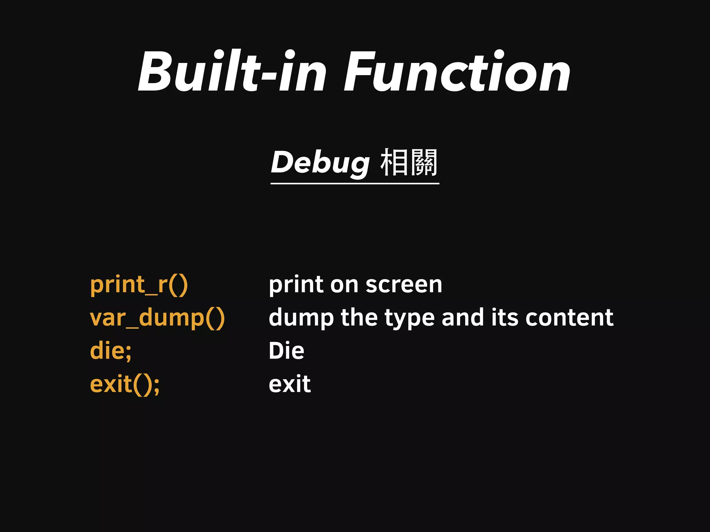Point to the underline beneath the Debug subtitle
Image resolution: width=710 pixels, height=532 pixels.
[x=355, y=184]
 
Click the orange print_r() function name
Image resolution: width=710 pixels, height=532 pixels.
[x=139, y=285]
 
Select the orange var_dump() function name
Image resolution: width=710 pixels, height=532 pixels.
[x=157, y=318]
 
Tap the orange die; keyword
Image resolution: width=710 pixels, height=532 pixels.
[x=111, y=351]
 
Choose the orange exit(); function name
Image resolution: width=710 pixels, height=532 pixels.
[x=125, y=384]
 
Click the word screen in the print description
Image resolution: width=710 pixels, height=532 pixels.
[x=404, y=285]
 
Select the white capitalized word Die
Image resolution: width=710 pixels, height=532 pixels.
[x=286, y=351]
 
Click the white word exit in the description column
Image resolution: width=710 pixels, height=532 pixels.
[x=290, y=384]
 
